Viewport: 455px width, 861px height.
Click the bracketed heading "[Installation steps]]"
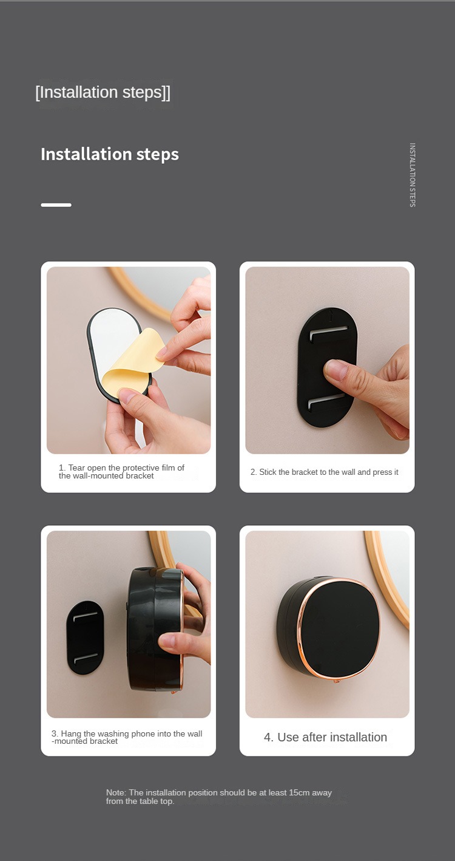point(103,93)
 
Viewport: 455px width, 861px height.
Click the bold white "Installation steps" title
point(110,154)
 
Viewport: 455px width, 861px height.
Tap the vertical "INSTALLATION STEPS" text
point(413,175)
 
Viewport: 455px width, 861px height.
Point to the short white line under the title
point(56,205)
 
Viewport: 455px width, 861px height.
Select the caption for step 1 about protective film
point(121,472)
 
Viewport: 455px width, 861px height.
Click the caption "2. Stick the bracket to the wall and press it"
point(325,472)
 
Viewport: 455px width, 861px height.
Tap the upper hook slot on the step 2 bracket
point(329,333)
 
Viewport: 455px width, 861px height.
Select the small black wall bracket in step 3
point(86,638)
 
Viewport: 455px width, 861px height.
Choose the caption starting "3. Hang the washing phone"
point(127,737)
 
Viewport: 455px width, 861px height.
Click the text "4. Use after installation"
point(325,737)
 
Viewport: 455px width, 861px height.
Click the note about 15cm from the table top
point(219,797)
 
